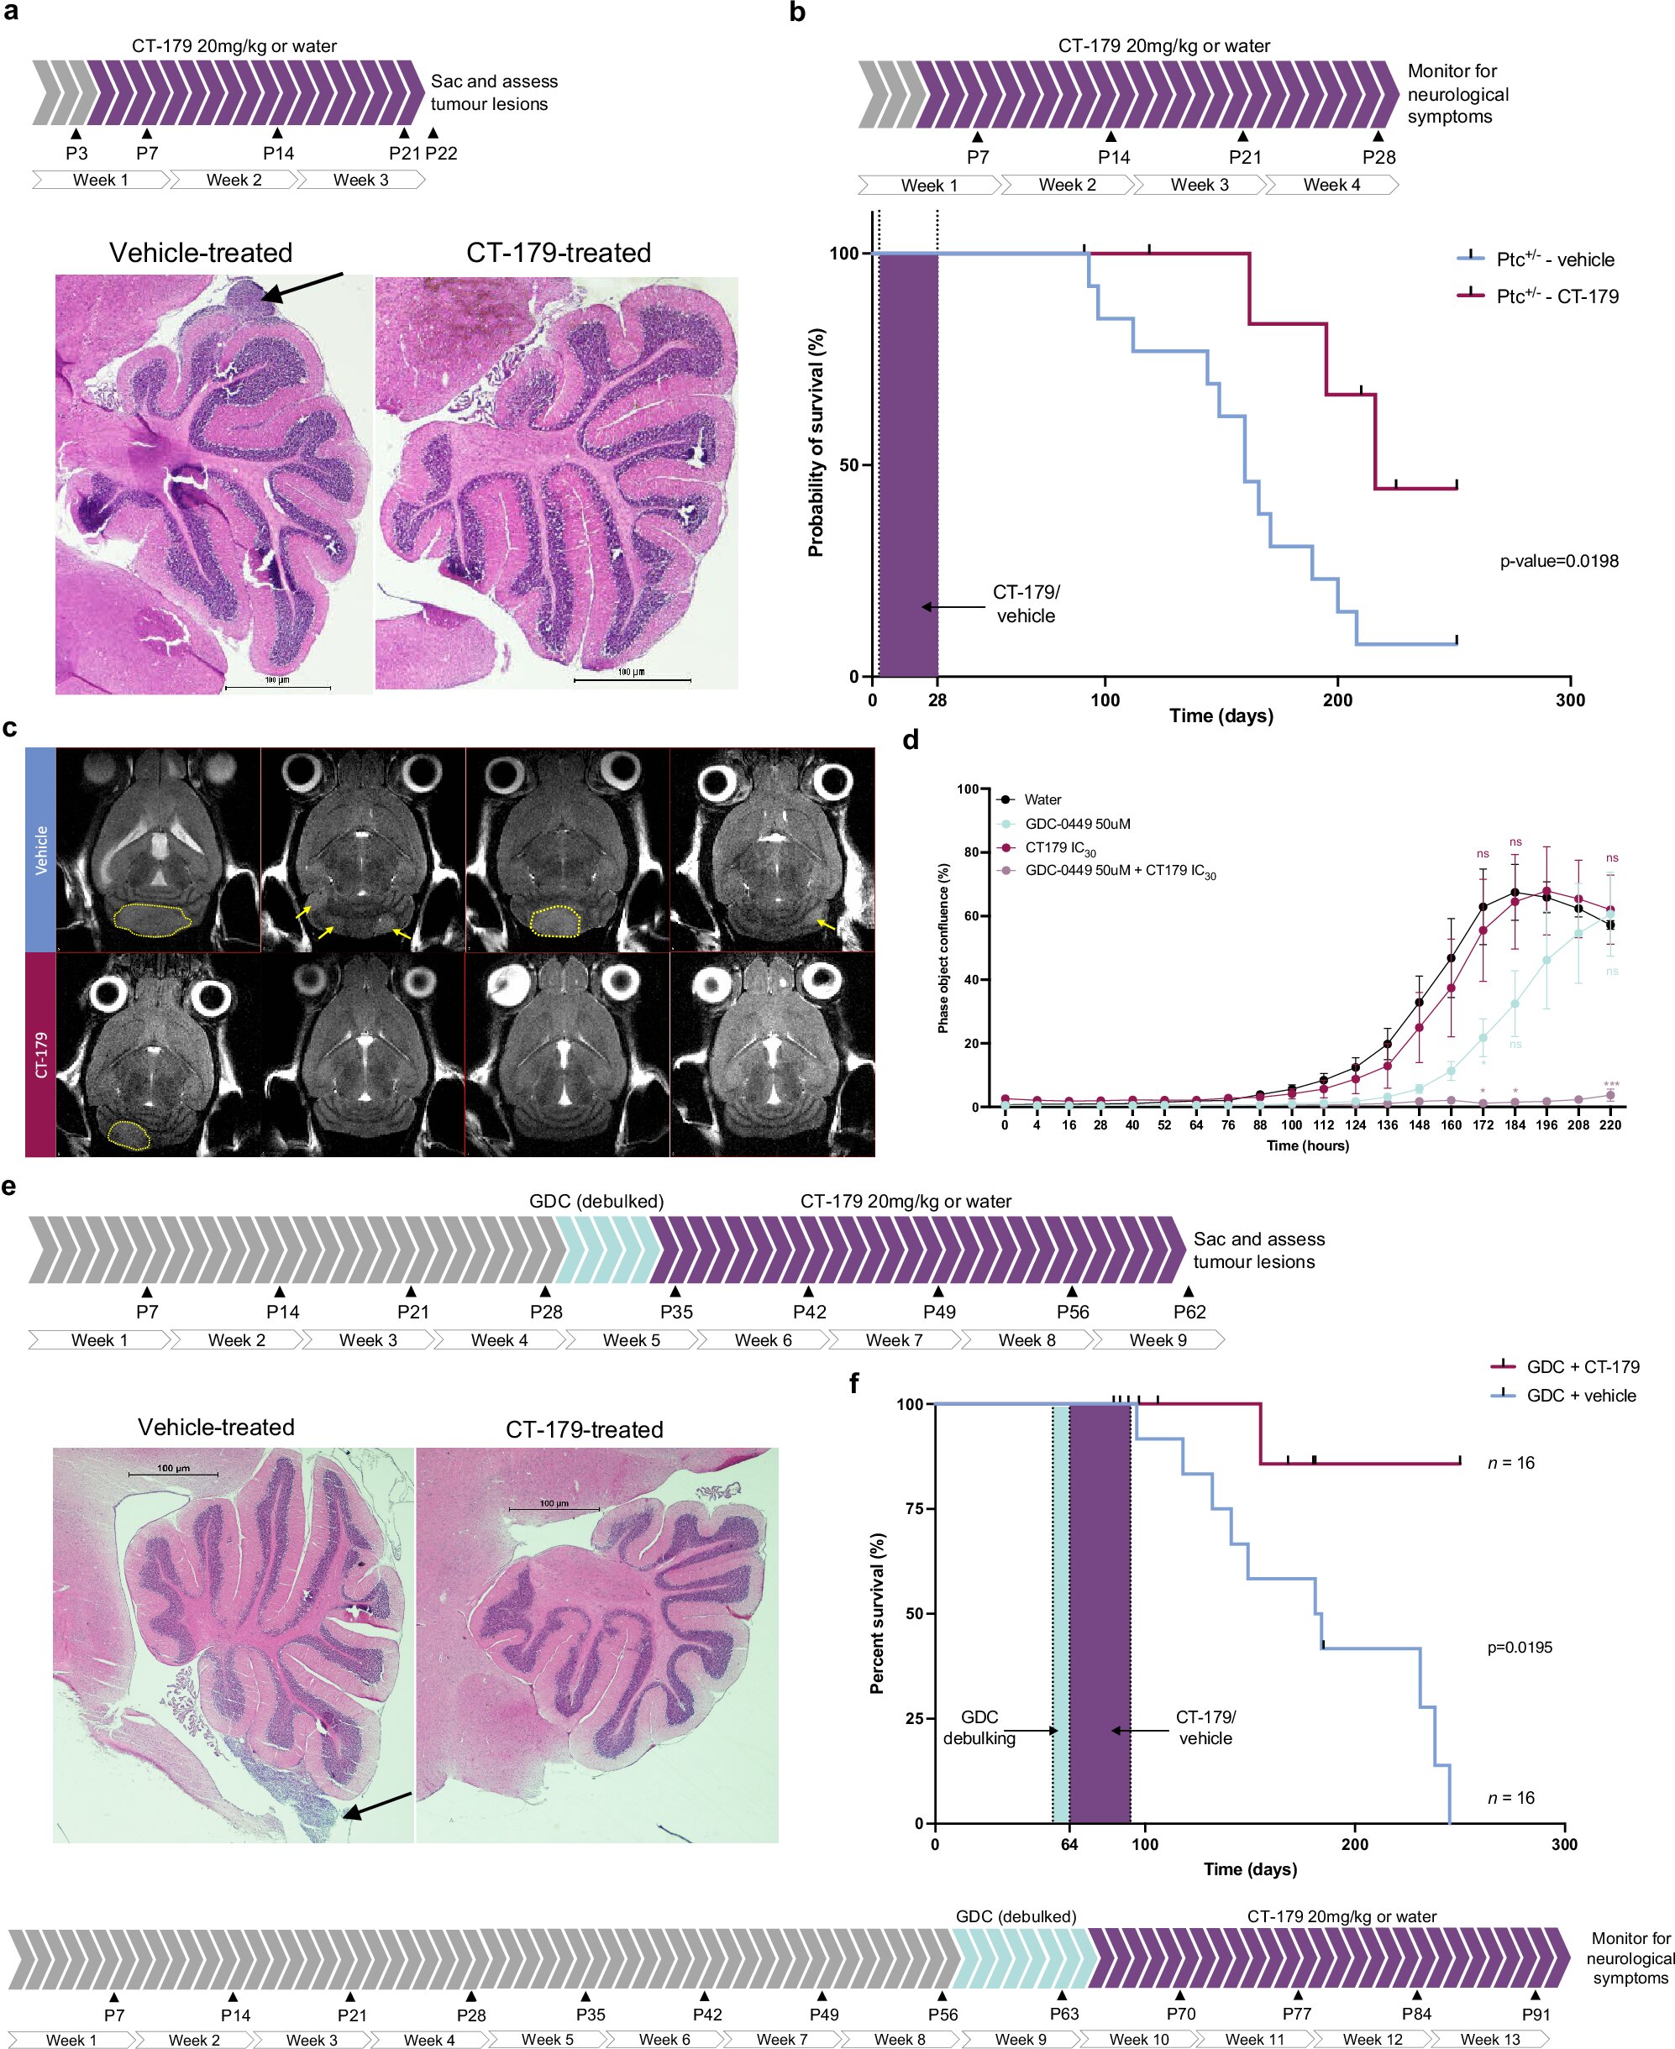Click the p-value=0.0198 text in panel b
(x=1558, y=562)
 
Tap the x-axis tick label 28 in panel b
(x=937, y=700)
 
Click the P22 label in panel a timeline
(x=441, y=154)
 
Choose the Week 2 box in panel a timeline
(x=234, y=181)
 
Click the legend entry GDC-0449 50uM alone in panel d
(x=1077, y=824)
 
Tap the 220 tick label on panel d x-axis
(x=1610, y=1124)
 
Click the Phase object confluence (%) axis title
(x=943, y=948)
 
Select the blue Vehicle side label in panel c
(x=40, y=850)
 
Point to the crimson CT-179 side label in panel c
(x=40, y=1055)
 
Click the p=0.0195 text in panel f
(x=1520, y=1648)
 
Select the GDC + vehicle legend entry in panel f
(x=1580, y=1396)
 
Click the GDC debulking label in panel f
(x=979, y=1727)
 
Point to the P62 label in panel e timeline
(x=1189, y=1312)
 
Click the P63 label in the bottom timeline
(x=1064, y=2015)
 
